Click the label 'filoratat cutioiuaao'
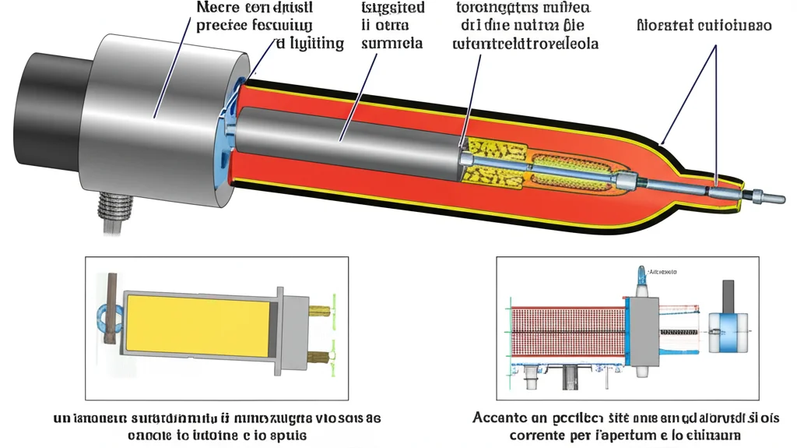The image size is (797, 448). click(x=704, y=25)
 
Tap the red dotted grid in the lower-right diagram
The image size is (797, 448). click(x=569, y=335)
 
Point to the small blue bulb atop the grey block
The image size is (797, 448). click(x=644, y=274)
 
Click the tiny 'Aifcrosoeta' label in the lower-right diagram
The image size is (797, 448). click(x=662, y=273)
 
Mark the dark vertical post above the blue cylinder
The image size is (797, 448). click(x=728, y=295)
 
